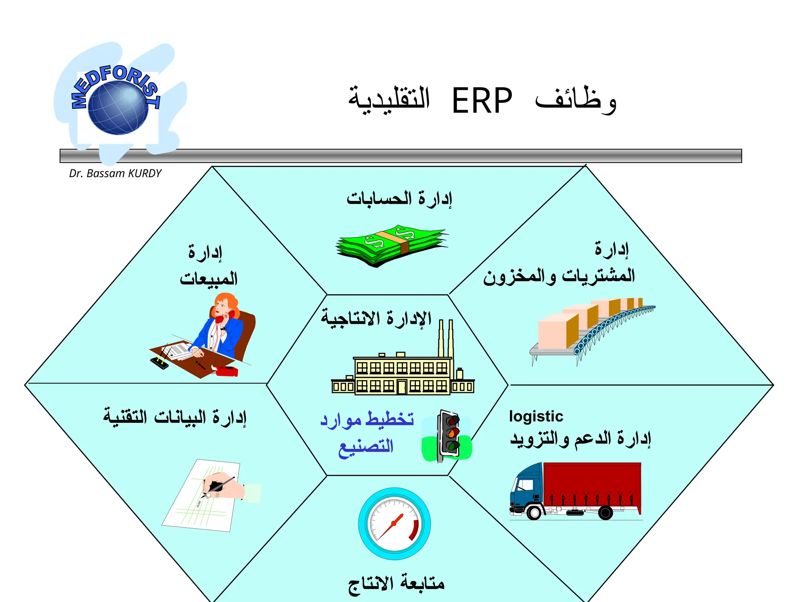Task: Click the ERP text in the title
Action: coord(482,101)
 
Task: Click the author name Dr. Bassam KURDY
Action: coord(115,173)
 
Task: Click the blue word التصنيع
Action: coord(366,447)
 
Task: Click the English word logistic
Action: coord(536,416)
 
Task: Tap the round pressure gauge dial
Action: coord(394,524)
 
